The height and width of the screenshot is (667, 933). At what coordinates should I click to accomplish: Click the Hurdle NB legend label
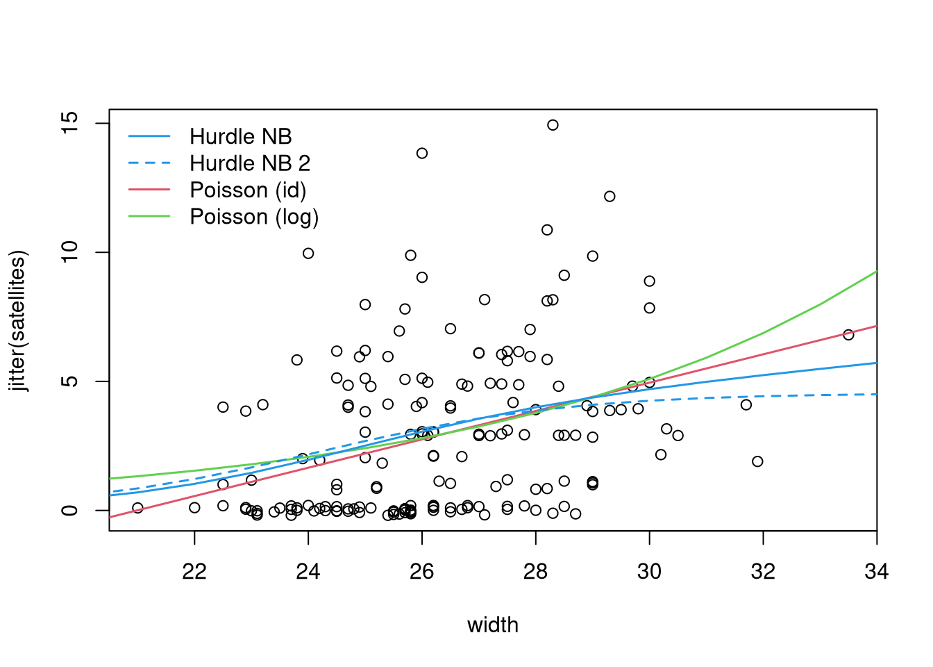(241, 136)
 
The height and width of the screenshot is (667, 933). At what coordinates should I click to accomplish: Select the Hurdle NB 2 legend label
(250, 163)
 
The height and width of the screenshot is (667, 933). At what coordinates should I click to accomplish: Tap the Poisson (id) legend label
(249, 190)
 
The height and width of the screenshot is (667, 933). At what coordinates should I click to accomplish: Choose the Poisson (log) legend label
(255, 217)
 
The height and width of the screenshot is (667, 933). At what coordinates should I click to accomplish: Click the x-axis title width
(493, 625)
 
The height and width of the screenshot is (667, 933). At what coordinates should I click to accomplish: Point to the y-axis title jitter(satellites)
(17, 320)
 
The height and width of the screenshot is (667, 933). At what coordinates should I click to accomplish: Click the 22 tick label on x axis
(194, 571)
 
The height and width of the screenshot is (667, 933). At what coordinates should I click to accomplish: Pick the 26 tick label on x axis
(421, 571)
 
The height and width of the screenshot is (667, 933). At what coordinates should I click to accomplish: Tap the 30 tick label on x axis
(649, 571)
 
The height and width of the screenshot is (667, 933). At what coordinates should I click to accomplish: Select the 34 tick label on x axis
(876, 571)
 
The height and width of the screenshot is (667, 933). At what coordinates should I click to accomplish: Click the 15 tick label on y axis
(69, 123)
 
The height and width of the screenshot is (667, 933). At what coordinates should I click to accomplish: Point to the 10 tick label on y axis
(69, 252)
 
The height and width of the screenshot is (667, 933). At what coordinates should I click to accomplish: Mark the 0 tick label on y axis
(69, 510)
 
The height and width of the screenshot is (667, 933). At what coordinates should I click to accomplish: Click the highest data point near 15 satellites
(553, 125)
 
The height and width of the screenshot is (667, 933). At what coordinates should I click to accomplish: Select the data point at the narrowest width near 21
(138, 508)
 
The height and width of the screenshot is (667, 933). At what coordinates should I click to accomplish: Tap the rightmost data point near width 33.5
(848, 335)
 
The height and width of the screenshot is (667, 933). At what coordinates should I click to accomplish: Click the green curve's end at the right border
(877, 272)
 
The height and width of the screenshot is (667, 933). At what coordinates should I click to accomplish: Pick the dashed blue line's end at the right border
(877, 394)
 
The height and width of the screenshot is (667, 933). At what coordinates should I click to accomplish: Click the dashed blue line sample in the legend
(149, 163)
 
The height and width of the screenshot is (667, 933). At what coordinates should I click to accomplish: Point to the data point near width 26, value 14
(422, 154)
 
